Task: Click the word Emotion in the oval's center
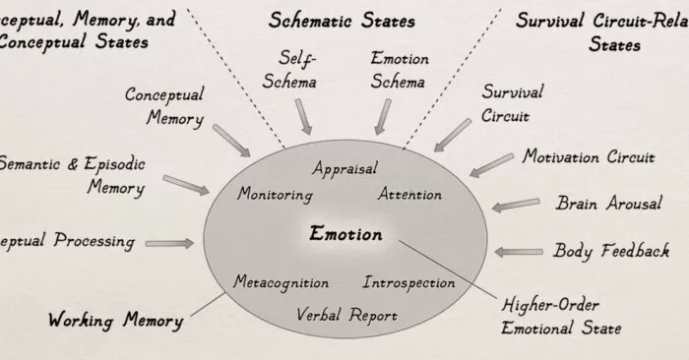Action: [344, 235]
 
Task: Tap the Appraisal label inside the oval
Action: [344, 169]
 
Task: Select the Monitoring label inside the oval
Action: [275, 194]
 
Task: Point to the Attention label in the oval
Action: [409, 194]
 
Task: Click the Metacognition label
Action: [281, 282]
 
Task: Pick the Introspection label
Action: [409, 283]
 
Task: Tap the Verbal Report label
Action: [346, 315]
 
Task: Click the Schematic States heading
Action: [342, 21]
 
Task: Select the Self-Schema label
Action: [296, 69]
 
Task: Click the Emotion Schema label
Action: [398, 69]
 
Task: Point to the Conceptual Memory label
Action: [164, 106]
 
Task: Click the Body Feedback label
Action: [611, 251]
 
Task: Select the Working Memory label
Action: [115, 320]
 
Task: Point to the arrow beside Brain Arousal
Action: [515, 206]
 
